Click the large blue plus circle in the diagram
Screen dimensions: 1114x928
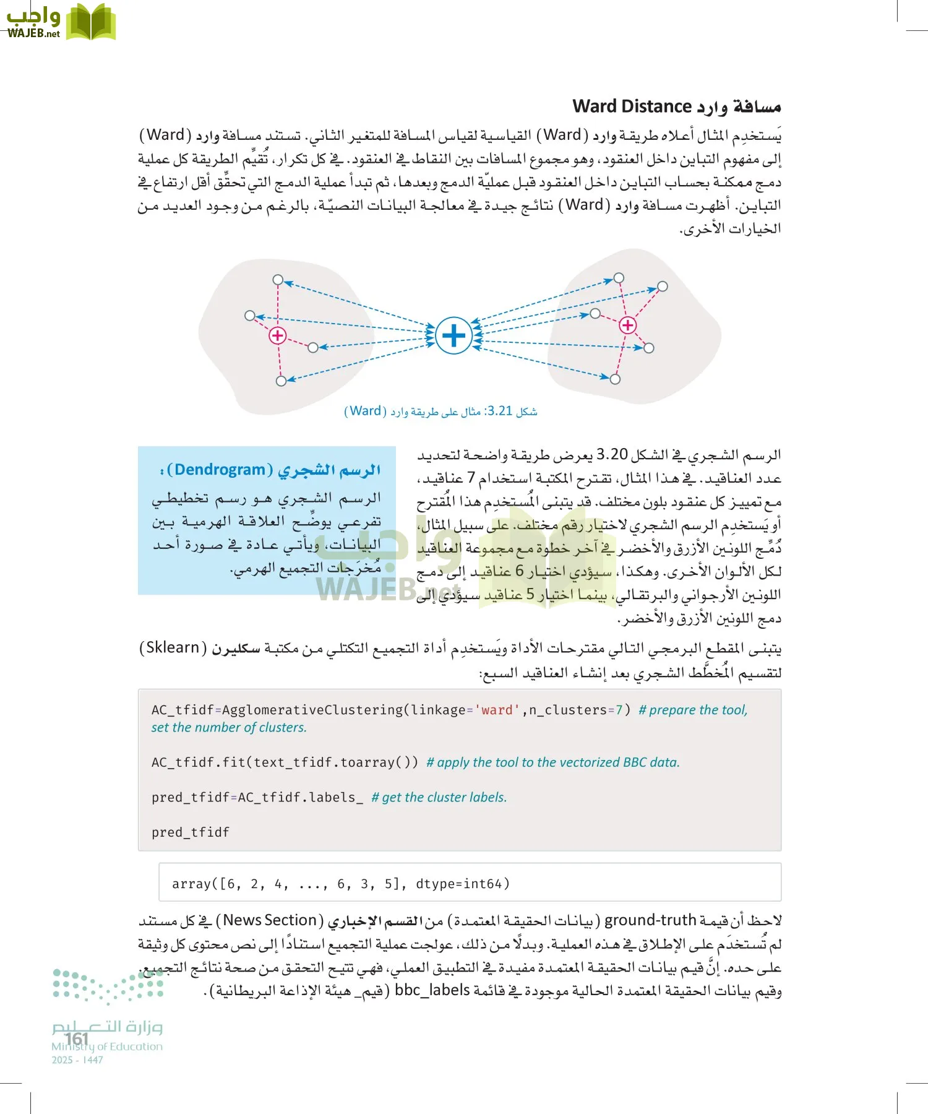(453, 335)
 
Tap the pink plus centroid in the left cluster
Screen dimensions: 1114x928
(277, 335)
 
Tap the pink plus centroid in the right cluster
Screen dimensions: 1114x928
(628, 325)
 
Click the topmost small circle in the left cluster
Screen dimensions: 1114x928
(278, 280)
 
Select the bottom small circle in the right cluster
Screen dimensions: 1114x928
(615, 379)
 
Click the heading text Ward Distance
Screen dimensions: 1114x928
(632, 106)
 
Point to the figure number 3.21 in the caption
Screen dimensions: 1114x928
(500, 411)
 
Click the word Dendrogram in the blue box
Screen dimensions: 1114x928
(220, 470)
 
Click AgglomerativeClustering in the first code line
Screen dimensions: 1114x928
(312, 710)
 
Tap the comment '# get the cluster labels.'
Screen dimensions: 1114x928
(439, 797)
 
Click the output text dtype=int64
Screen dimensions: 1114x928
(462, 884)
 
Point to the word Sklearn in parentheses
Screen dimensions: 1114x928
(173, 647)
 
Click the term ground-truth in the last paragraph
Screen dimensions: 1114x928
(650, 920)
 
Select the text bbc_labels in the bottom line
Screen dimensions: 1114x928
(432, 990)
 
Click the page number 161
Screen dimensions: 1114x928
(77, 1038)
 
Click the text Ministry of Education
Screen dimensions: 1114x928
(107, 1047)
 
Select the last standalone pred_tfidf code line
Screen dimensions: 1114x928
(191, 832)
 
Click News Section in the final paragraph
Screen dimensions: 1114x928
(270, 920)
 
